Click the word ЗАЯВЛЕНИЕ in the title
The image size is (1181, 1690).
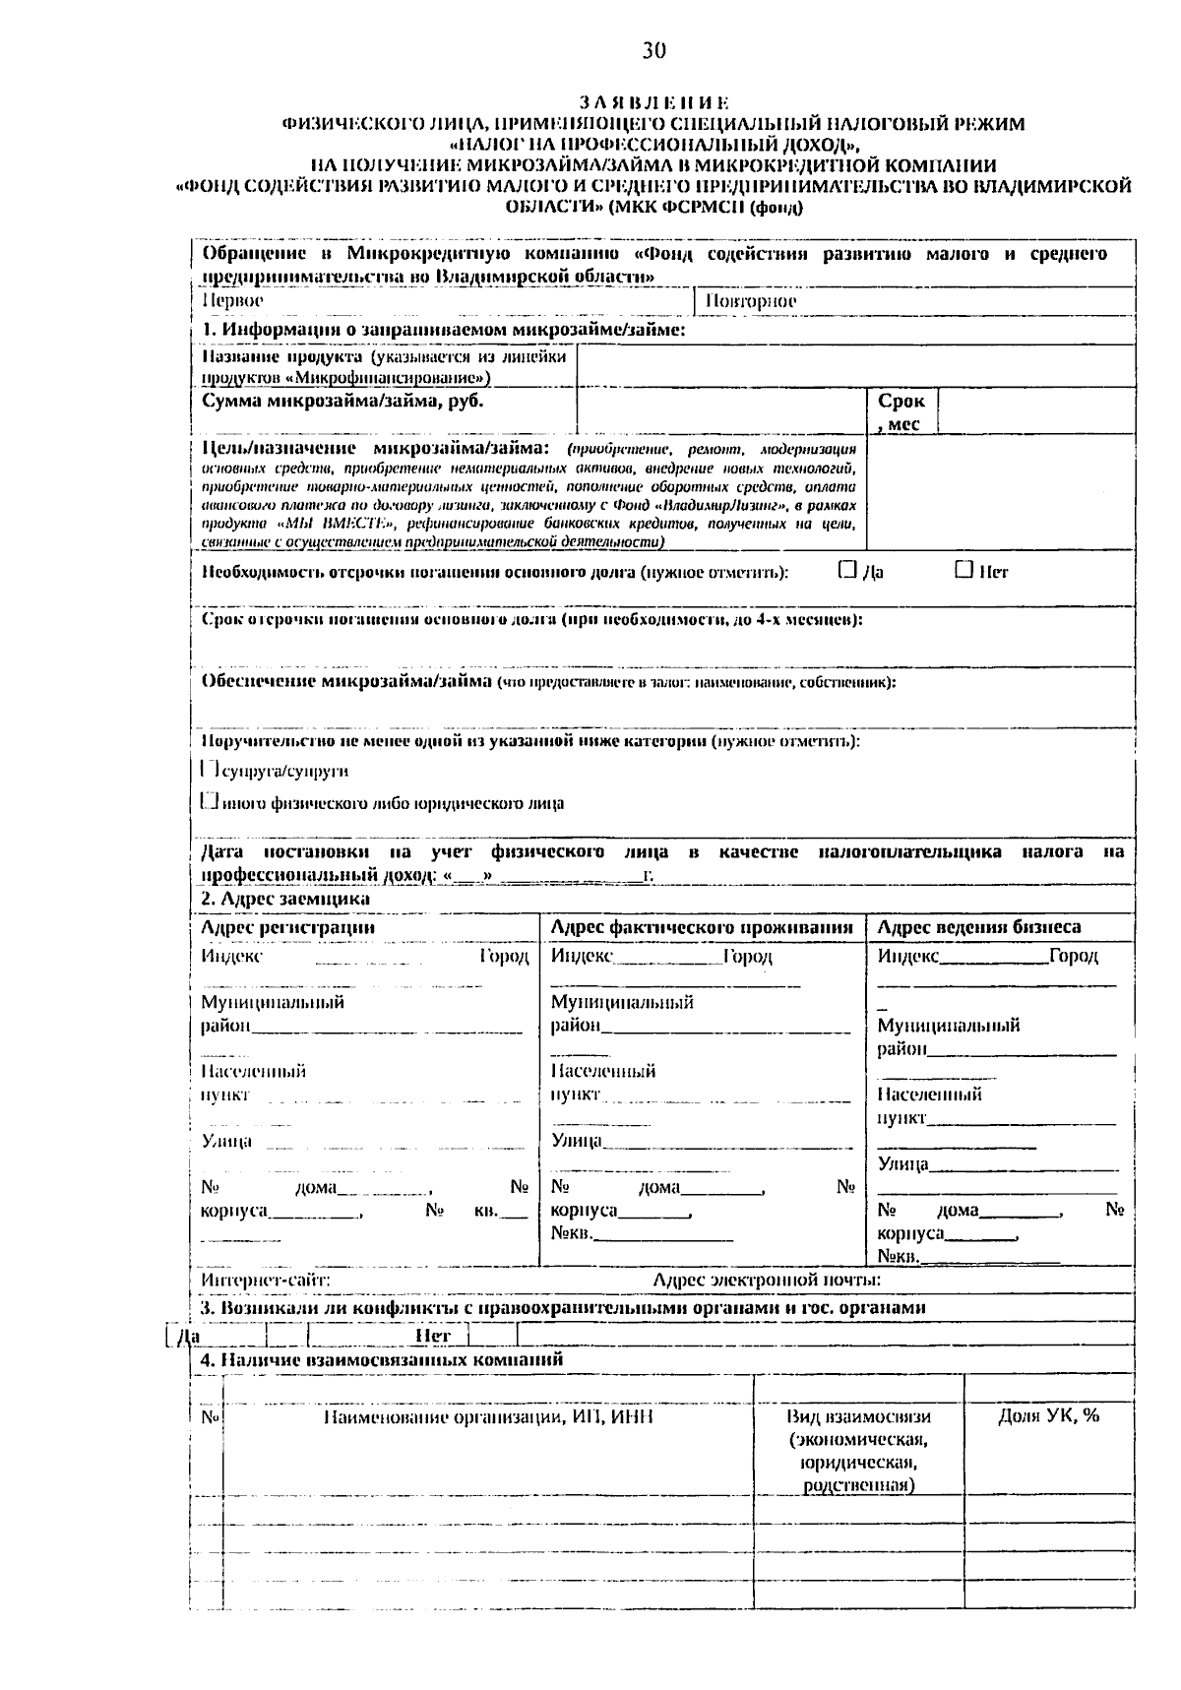[x=654, y=102]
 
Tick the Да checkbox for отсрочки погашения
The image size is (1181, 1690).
[x=847, y=570]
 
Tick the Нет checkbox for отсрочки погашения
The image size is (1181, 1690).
[x=963, y=570]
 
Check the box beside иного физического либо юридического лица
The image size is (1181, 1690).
[x=209, y=801]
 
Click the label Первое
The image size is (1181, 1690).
[x=232, y=300]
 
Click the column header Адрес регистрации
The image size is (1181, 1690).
[x=287, y=927]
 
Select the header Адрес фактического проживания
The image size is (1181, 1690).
[x=702, y=927]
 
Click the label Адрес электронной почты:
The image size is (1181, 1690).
[x=767, y=1280]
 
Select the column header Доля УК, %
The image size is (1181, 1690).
[x=1048, y=1415]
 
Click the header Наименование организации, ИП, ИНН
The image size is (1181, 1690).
[x=488, y=1416]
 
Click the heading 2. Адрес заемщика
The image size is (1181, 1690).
[x=285, y=899]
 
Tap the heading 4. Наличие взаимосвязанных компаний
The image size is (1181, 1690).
[x=382, y=1359]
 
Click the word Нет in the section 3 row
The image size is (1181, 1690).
[x=433, y=1336]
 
